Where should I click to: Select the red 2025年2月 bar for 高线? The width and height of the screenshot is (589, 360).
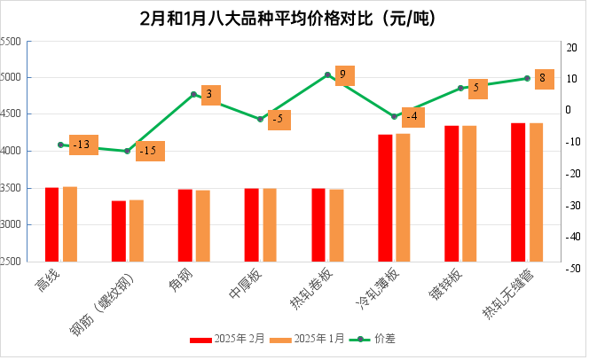(51, 224)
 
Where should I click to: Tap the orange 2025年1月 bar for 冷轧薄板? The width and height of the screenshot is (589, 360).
(403, 198)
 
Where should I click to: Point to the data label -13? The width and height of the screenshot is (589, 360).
(83, 145)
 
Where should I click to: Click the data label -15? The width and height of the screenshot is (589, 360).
(150, 151)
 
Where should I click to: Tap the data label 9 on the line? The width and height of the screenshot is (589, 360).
(344, 74)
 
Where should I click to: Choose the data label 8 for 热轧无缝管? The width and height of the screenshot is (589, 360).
(544, 79)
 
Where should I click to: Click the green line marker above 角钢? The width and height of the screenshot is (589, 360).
(193, 94)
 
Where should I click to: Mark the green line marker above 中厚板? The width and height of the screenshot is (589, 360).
(260, 119)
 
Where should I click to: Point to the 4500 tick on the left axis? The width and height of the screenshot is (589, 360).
(12, 114)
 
